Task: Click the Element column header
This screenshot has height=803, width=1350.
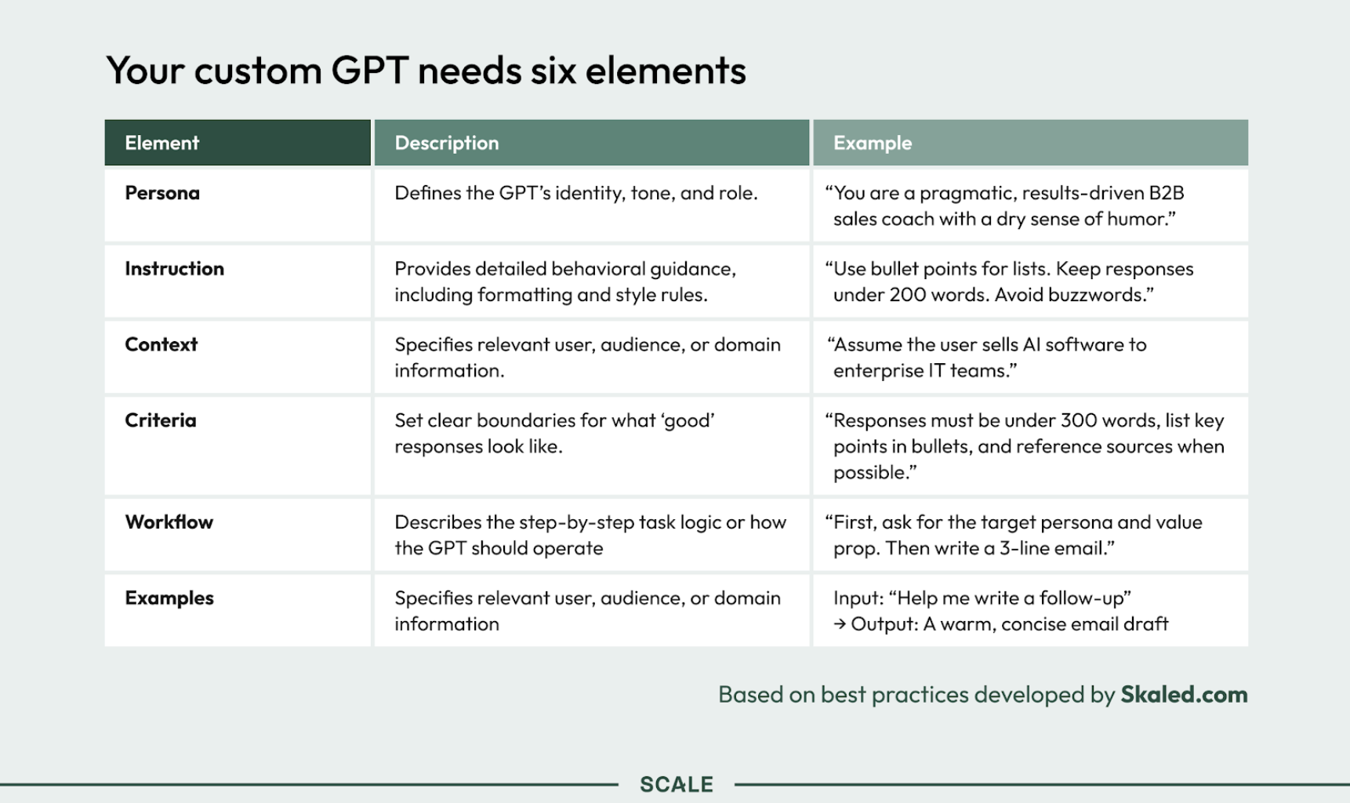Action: click(162, 143)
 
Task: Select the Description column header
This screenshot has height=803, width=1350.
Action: click(447, 143)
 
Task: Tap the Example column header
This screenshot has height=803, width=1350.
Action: click(873, 143)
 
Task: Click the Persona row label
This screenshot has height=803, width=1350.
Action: click(162, 193)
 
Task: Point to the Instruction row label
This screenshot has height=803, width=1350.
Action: click(175, 269)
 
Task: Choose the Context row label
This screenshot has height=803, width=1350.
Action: click(161, 344)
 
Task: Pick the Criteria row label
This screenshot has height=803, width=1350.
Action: click(161, 420)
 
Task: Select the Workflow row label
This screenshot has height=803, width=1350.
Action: click(169, 522)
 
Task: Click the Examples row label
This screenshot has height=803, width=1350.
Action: click(169, 598)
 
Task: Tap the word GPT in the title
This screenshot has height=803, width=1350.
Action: click(370, 71)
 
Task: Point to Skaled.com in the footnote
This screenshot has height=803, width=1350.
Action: click(1184, 695)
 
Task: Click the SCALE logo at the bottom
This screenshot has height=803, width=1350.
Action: click(677, 784)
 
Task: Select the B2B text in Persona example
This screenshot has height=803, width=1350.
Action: click(1167, 193)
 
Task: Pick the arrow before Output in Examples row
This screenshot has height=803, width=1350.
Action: click(840, 624)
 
